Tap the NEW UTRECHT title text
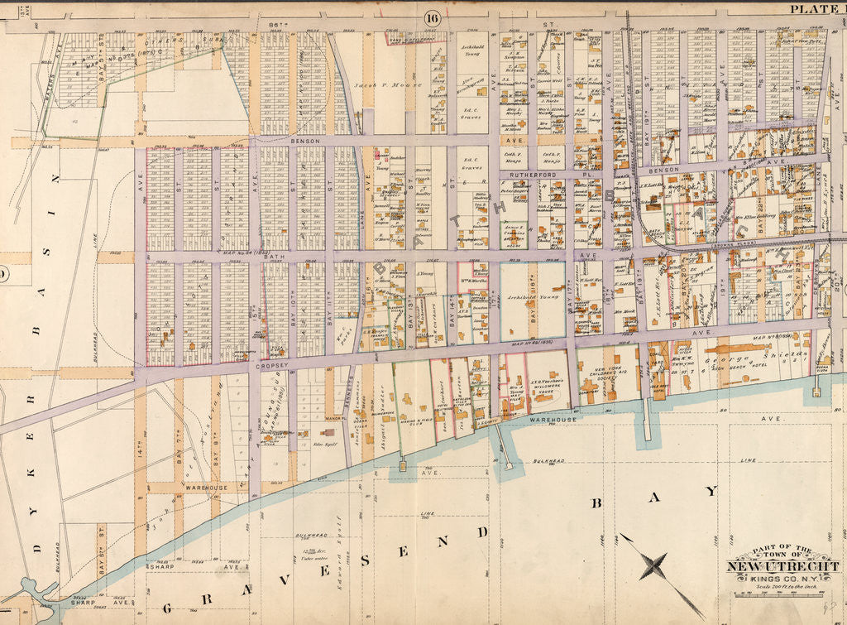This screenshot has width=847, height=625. (x=782, y=567)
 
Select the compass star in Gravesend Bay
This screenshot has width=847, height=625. (x=654, y=568)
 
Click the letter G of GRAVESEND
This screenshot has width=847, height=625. (x=167, y=608)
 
